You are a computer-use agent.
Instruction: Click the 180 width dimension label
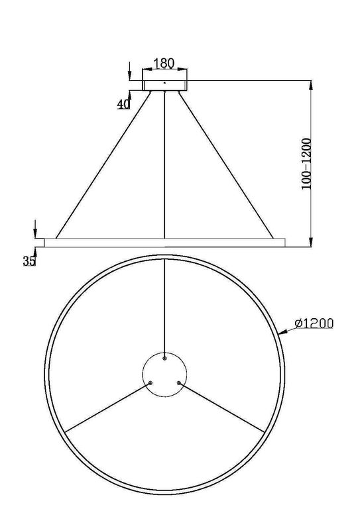coord(163,64)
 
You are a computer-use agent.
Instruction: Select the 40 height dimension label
coord(123,104)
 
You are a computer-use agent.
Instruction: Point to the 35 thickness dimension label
coord(29,261)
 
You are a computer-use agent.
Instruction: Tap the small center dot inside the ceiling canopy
coord(165,82)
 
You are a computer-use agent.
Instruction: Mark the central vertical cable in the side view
coord(164,166)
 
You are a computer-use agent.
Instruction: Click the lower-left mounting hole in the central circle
coord(150,382)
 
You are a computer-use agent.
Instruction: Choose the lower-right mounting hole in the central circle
coord(178,382)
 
